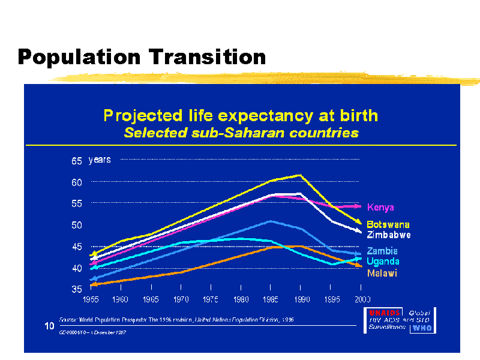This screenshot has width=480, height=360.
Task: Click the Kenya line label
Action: coord(380,208)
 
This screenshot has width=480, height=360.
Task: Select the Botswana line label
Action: coord(388,224)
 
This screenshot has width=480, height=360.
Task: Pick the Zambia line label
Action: coord(382,251)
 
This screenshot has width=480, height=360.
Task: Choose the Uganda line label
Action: coord(383,262)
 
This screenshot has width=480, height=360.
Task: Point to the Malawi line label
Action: coord(382,274)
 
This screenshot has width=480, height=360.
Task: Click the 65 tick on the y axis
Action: coord(76,161)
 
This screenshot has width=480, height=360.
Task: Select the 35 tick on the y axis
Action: coord(76,289)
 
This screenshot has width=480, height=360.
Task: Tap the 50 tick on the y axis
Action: coord(76,225)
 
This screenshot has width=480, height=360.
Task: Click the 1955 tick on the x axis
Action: coord(91,298)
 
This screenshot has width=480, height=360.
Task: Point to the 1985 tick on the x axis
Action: coord(271,298)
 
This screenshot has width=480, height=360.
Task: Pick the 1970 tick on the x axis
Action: coord(181,298)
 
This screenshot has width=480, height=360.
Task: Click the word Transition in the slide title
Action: coord(207,57)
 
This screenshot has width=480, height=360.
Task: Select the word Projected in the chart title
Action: coord(141,115)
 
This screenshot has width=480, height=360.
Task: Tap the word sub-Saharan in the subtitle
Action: coord(248,133)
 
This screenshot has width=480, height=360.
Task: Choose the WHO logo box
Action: coord(422,328)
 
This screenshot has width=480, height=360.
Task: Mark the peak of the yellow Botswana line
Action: coord(300,175)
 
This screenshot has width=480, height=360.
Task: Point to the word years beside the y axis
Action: coord(100,160)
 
